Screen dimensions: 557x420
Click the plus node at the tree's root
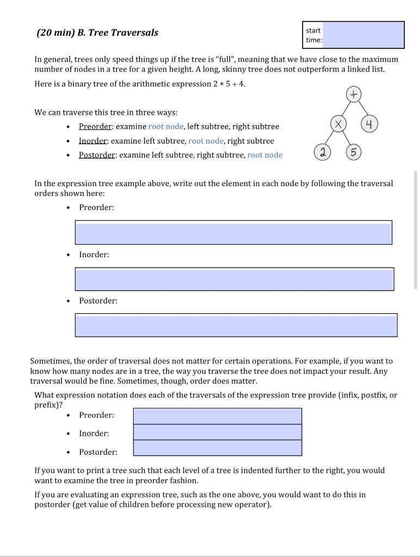[353, 95]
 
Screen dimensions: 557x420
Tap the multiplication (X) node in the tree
[338, 125]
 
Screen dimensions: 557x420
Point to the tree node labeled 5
[354, 153]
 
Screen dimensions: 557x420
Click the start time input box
[363, 35]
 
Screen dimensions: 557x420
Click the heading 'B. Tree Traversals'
[118, 33]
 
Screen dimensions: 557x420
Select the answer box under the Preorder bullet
[233, 233]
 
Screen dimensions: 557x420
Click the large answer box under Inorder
[234, 279]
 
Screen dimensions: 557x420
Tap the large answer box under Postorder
[236, 325]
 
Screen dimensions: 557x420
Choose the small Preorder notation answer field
[217, 416]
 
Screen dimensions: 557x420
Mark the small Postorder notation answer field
[217, 448]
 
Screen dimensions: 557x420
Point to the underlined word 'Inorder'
[94, 141]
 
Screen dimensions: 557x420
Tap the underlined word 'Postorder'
[97, 155]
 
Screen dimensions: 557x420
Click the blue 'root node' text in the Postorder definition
[265, 155]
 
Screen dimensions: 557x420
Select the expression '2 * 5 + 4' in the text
[228, 84]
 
